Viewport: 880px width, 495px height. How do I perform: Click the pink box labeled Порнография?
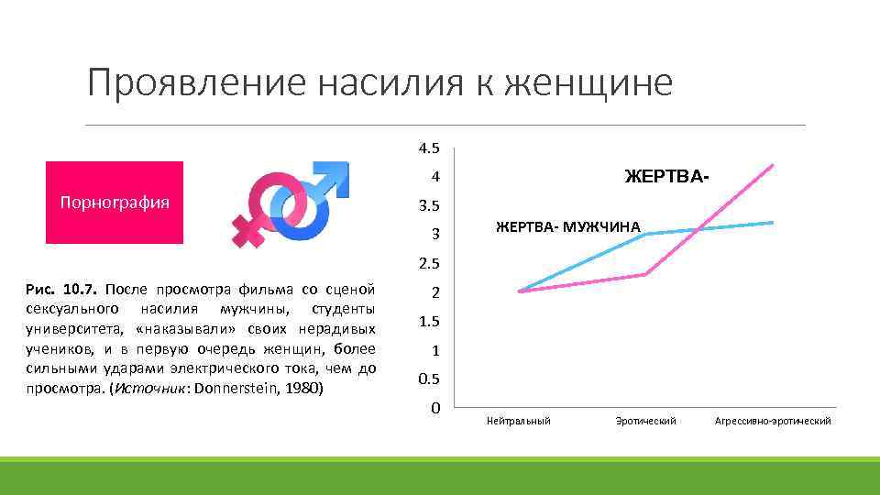point(115,203)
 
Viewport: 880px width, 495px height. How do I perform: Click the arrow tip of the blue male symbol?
point(341,170)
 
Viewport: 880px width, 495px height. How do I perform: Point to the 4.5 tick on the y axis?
point(429,148)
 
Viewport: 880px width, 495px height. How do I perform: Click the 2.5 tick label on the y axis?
point(429,264)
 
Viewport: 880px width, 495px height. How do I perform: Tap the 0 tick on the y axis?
point(435,407)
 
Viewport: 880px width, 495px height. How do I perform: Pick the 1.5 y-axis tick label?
point(429,322)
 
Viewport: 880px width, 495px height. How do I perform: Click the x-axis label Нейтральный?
point(519,421)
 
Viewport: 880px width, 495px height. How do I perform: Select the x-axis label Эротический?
point(646,421)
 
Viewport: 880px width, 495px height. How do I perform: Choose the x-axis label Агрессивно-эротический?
point(773,421)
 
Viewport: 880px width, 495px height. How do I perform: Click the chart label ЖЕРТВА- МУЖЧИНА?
point(568,226)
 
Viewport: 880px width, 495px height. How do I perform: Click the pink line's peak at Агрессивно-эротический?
point(774,165)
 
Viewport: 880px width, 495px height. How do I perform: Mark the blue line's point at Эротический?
point(646,234)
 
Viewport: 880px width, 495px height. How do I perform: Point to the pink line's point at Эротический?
point(646,274)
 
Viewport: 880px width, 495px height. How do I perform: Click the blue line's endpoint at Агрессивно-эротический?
point(774,222)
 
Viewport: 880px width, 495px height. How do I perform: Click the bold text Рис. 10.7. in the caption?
point(57,290)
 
